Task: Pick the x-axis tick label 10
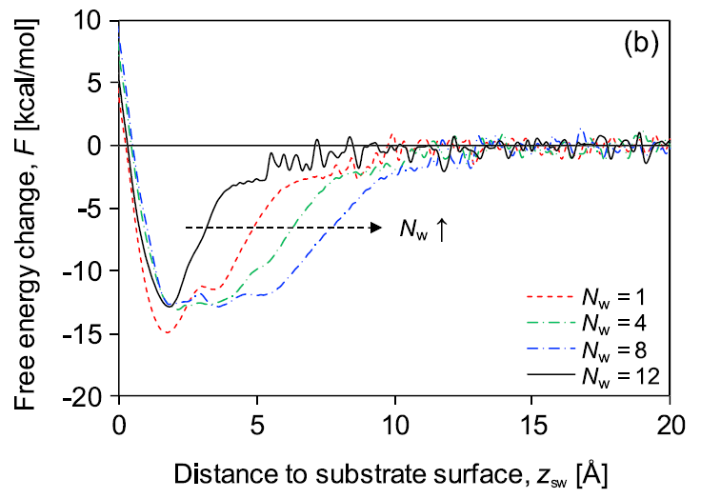tap(394, 418)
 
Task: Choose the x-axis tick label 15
tap(532, 418)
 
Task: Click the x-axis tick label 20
tap(670, 418)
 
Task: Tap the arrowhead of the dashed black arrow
tap(377, 229)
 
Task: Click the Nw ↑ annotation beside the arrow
tap(413, 229)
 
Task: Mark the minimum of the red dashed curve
tap(168, 332)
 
